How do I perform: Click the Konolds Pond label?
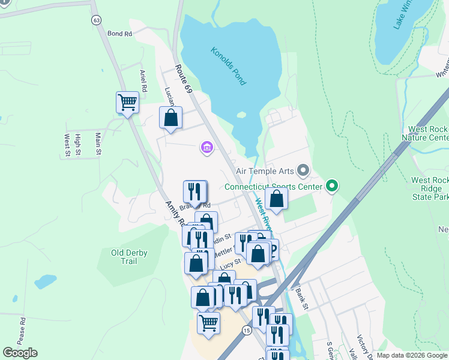229,66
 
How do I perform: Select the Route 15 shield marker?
246,331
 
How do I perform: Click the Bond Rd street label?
119,34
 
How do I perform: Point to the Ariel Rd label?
143,80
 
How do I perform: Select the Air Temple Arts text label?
264,172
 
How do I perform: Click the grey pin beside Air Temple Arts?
303,172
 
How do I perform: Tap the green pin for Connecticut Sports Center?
331,186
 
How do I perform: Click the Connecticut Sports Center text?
273,186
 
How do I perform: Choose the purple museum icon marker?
207,147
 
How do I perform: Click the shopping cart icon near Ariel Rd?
127,103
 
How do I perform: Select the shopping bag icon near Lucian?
170,117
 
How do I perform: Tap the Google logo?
20,353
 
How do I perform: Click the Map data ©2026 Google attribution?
412,355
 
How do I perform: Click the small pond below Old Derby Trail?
45,281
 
